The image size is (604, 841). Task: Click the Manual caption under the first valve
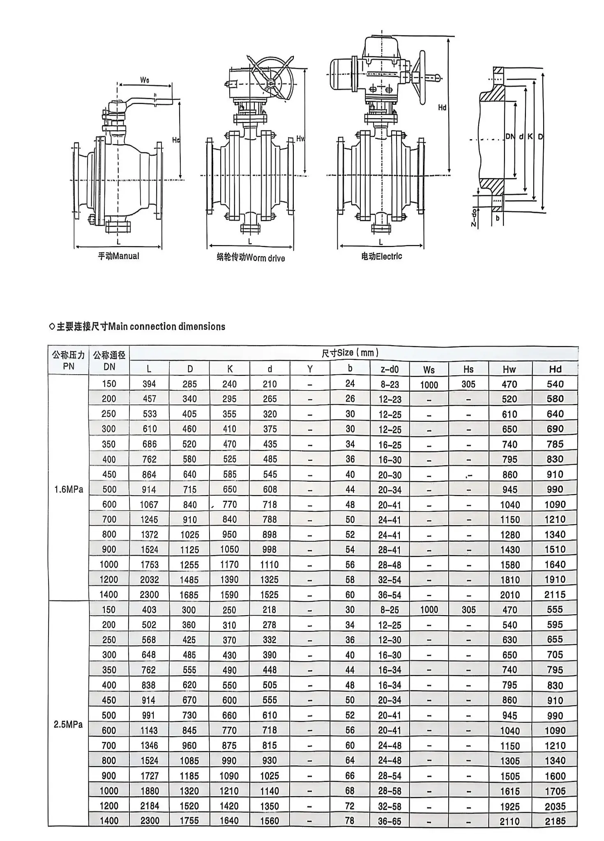tap(118, 256)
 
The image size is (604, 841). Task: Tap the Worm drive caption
tap(251, 258)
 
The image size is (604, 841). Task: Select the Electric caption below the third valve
tap(381, 257)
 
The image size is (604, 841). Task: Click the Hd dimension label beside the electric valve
tap(442, 108)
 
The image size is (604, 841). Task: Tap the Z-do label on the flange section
tap(474, 218)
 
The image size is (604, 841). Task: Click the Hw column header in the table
tap(509, 369)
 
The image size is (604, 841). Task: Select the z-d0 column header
tap(390, 369)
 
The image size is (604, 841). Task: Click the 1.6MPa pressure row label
tap(69, 489)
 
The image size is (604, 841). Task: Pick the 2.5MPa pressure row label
tap(68, 725)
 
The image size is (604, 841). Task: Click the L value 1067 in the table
tap(149, 505)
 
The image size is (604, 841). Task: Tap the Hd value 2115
tap(555, 595)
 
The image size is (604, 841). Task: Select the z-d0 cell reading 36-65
tap(390, 821)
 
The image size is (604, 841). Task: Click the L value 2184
tap(150, 806)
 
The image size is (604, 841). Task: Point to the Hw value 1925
tap(509, 806)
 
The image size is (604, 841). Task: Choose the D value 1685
tap(189, 595)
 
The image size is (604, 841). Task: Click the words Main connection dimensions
tap(167, 327)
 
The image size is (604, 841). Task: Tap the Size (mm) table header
tap(350, 353)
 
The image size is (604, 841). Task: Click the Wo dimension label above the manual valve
tap(145, 80)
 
